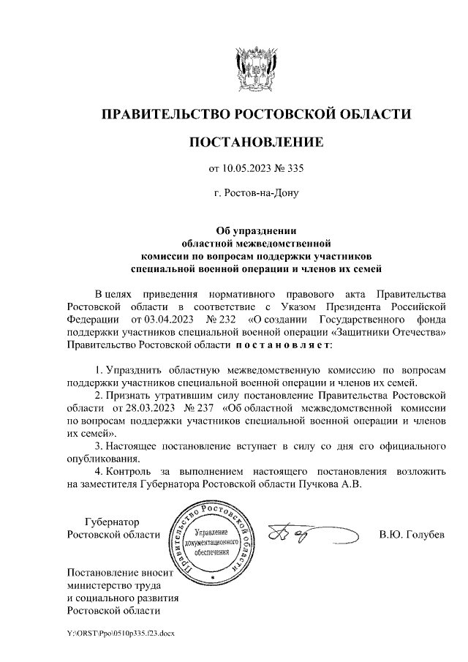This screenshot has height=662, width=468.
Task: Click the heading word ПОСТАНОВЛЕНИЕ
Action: coord(255,141)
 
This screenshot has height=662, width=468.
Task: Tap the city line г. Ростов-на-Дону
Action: coord(255,195)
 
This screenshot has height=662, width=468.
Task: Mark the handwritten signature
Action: coord(299,536)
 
